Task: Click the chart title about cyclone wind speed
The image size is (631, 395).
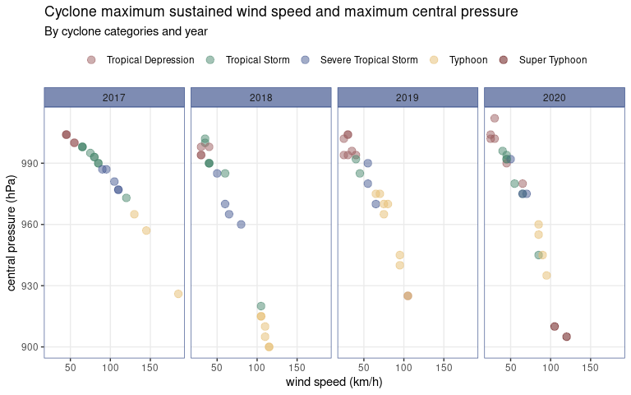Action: point(281,12)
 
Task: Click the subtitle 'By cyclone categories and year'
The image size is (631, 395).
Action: point(126,31)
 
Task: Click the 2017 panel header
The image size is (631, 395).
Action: point(114,97)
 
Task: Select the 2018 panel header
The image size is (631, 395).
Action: point(260,97)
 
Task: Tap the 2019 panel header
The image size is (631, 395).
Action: point(407,97)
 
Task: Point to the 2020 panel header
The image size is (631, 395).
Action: point(554,97)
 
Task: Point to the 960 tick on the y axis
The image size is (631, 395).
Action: point(29,225)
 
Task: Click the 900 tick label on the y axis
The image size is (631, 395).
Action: point(29,347)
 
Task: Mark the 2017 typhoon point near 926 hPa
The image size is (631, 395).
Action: point(178,294)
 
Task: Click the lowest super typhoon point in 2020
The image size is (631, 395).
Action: point(566,337)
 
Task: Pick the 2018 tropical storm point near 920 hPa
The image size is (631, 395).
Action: point(260,306)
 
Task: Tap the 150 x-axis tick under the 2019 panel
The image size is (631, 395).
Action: point(444,365)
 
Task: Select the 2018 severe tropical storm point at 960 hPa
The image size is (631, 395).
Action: point(241,225)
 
